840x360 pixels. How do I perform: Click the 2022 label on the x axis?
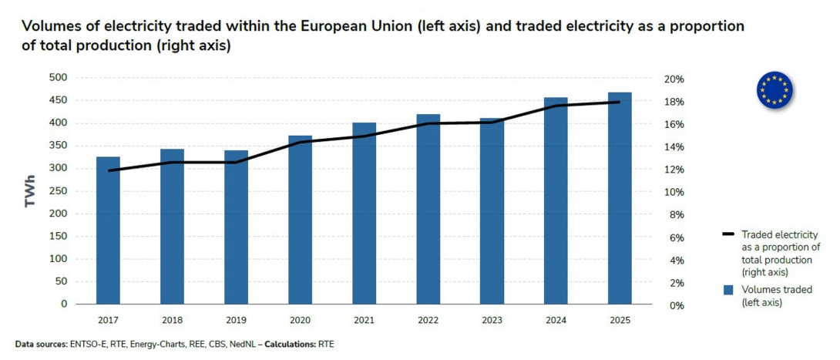428,318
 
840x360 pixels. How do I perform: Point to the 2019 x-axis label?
236,318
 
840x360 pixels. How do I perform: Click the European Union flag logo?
774,89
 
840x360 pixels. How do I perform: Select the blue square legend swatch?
728,290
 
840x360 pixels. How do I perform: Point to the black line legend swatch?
728,234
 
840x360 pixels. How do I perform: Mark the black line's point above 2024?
556,106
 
